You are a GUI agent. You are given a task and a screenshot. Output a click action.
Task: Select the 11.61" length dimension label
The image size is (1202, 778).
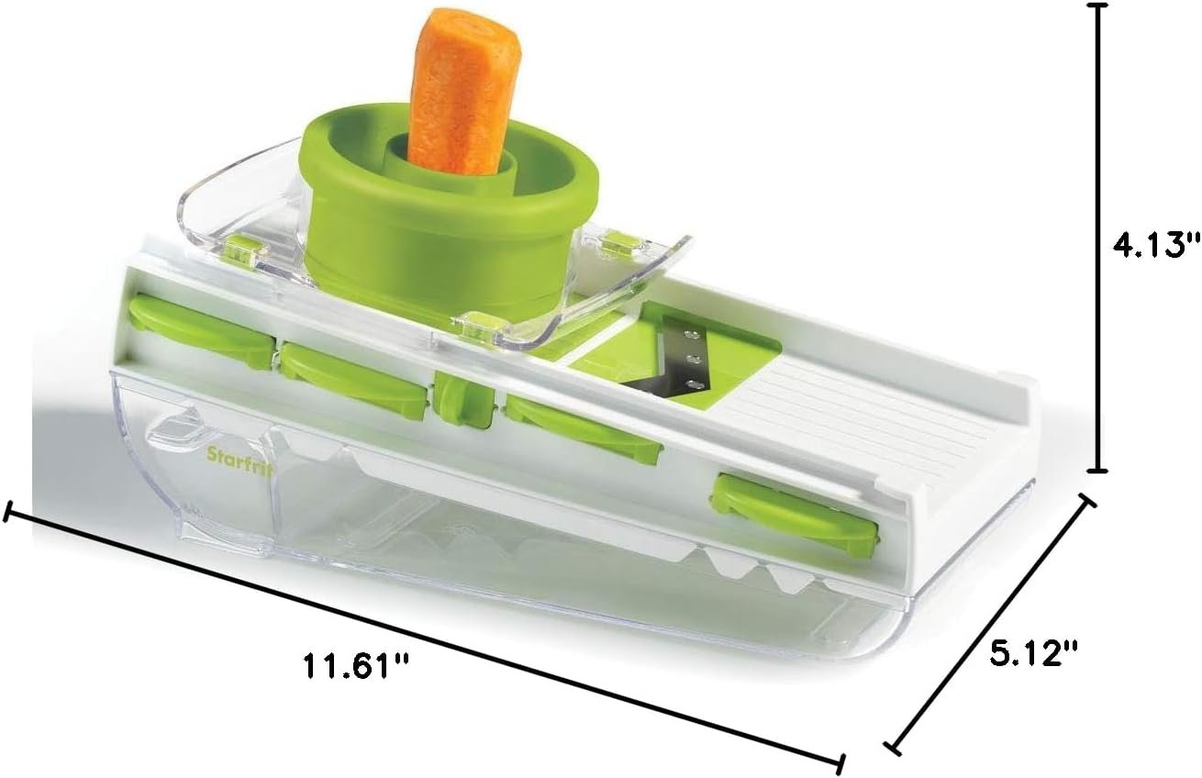coord(356,666)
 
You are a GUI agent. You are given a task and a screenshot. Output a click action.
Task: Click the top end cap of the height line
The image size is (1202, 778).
coord(1098,6)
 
